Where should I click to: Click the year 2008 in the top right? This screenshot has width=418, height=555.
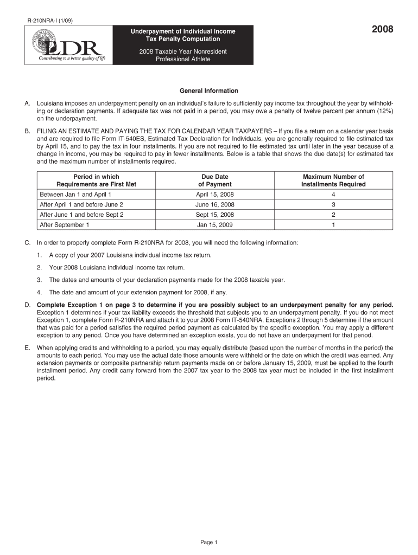pos(382,30)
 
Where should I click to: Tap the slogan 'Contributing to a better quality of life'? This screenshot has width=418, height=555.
pos(71,59)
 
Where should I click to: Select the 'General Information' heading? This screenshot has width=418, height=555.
pos(209,91)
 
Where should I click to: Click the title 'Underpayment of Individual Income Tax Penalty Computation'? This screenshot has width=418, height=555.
pos(183,35)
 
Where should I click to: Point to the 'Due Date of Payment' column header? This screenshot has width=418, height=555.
pos(215,180)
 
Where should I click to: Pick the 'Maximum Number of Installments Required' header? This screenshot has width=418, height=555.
pos(333,180)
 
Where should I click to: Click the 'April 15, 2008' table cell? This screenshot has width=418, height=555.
pos(215,194)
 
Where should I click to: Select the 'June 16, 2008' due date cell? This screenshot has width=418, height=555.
pos(215,204)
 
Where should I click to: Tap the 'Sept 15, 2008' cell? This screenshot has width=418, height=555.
pos(215,215)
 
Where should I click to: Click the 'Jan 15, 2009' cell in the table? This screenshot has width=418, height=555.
pos(215,224)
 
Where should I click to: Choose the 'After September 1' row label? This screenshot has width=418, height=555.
pos(65,224)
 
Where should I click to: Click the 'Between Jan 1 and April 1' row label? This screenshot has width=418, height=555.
pos(75,194)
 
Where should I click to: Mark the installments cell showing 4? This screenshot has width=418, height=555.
pos(333,194)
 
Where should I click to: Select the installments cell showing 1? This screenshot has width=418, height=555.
pos(333,224)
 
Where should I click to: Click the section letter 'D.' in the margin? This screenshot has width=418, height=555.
pos(27,306)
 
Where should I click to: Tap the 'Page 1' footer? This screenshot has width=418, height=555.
pos(209,542)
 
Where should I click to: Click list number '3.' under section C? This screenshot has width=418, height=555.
pos(40,280)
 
